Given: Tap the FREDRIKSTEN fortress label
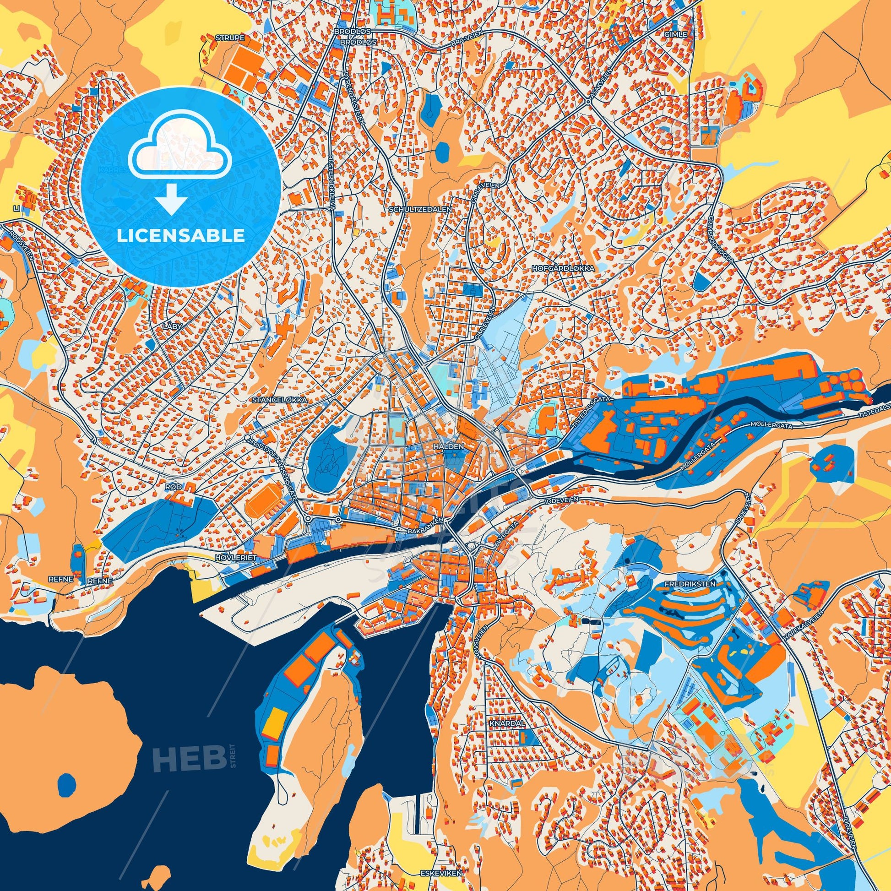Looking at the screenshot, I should (690, 583).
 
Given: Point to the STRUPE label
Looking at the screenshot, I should (230, 38).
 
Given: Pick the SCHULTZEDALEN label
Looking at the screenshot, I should (420, 209).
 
